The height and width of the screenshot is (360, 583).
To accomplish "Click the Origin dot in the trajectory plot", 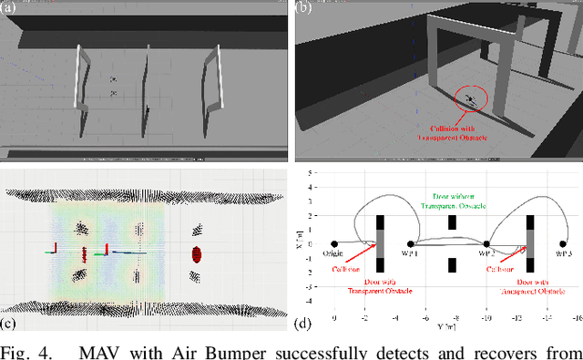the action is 334,243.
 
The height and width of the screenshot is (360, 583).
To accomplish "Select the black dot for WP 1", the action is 410,243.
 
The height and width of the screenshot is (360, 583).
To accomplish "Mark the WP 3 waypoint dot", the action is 564,243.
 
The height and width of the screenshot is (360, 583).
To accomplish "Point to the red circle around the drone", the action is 471,100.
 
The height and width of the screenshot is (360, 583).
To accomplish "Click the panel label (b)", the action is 303,8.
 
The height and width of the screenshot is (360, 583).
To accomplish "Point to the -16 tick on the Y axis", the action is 578,318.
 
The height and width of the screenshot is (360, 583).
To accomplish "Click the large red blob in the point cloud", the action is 193,252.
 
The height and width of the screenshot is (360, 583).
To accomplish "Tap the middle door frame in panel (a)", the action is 145,85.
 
